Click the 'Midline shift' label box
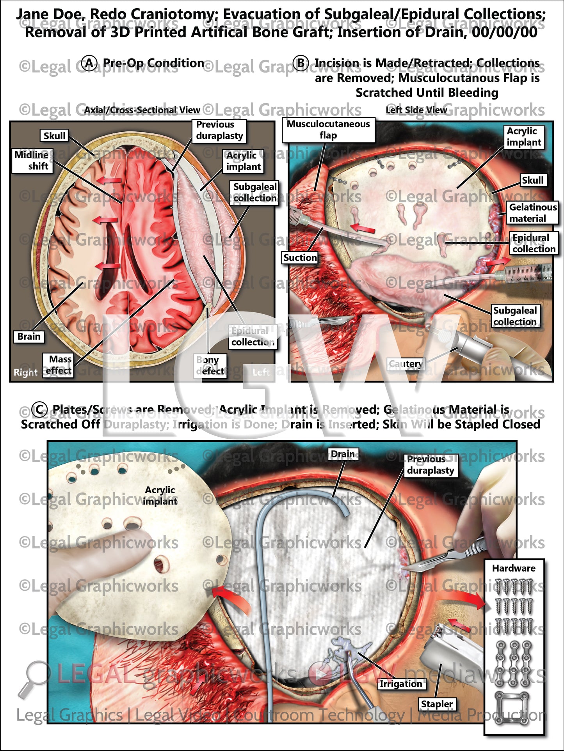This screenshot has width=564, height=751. click(32, 160)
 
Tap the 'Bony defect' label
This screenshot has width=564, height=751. click(210, 365)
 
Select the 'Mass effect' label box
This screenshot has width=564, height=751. click(58, 365)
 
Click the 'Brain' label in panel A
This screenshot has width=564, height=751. click(29, 337)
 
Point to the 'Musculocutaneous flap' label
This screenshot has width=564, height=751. click(328, 130)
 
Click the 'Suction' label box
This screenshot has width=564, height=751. click(300, 258)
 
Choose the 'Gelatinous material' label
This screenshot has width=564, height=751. click(532, 213)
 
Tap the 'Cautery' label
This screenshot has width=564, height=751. click(406, 364)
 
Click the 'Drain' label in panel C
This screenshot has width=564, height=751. click(343, 454)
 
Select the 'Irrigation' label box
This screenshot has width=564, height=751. click(401, 684)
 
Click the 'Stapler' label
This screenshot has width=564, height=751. click(437, 704)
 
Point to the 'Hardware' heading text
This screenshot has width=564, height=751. click(514, 568)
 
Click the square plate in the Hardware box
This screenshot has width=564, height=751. click(514, 706)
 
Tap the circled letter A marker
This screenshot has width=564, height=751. click(89, 63)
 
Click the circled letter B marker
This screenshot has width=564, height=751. click(301, 63)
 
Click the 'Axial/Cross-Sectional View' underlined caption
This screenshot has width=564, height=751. click(142, 110)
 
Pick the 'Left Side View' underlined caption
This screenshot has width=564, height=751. click(416, 110)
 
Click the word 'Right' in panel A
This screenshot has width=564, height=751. click(25, 372)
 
